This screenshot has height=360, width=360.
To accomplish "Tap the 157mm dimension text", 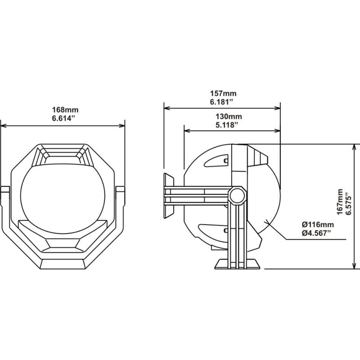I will (x=223, y=94).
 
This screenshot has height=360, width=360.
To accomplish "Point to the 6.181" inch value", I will (x=223, y=102).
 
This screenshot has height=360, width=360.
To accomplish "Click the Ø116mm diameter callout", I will (x=318, y=224).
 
